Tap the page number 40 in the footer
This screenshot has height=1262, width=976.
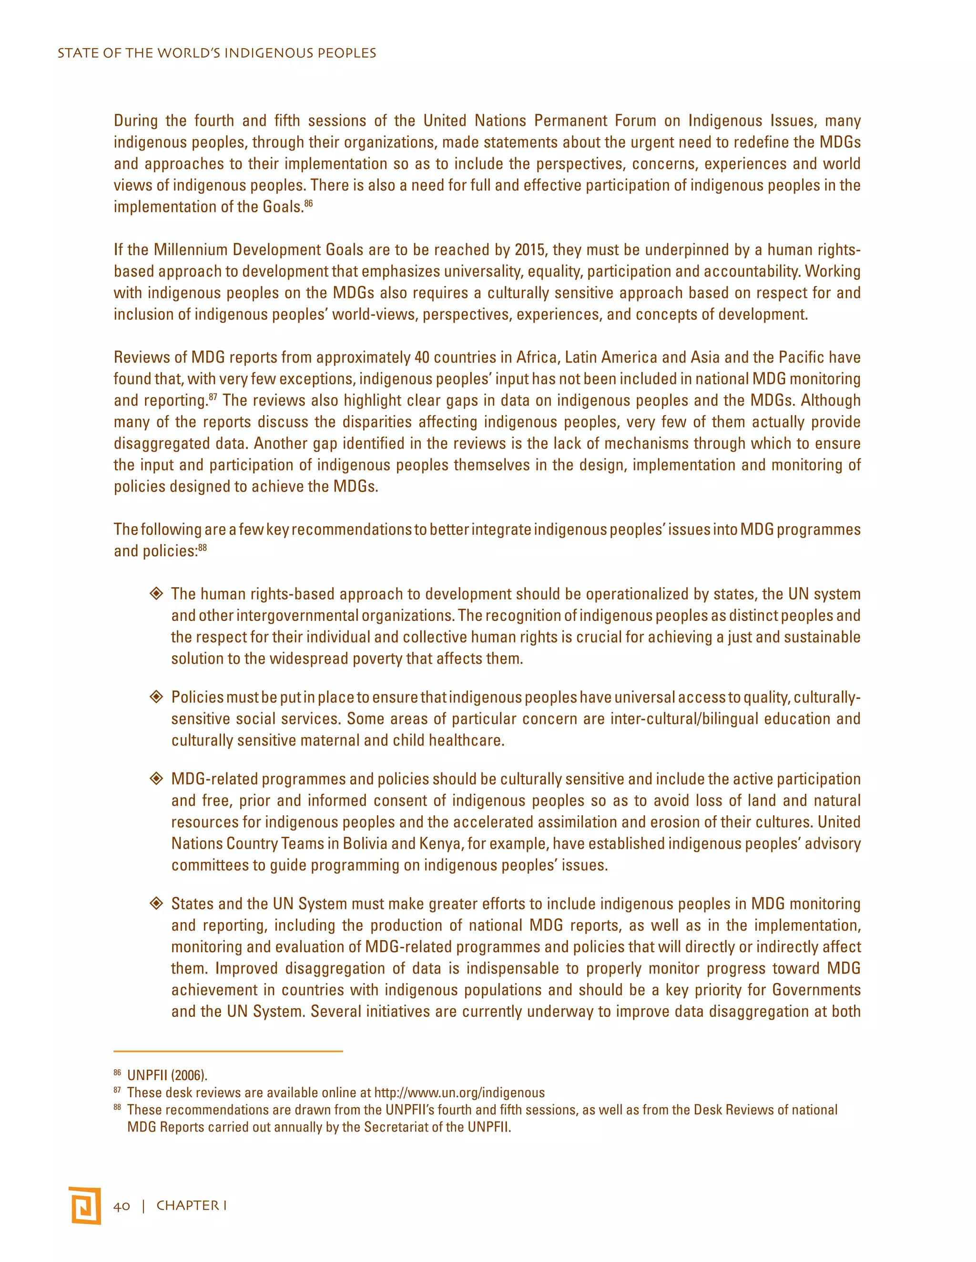click(122, 1206)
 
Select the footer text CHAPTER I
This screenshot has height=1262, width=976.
click(192, 1206)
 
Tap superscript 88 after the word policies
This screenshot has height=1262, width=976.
click(203, 547)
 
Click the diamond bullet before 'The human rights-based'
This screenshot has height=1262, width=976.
click(156, 593)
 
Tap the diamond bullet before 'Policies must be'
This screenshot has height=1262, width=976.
click(156, 697)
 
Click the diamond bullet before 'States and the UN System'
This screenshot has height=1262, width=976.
click(156, 903)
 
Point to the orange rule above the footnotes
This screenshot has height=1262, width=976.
click(228, 1051)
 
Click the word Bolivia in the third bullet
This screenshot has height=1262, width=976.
click(365, 844)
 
